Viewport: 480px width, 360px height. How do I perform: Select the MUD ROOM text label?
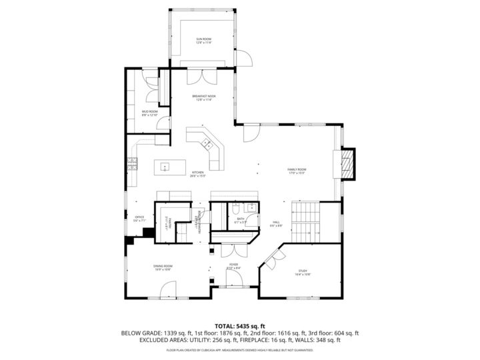150,113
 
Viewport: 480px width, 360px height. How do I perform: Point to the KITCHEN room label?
198,174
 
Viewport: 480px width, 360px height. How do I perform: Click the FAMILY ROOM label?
297,171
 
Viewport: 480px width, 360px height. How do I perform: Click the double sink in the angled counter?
207,143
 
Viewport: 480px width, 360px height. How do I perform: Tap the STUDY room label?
303,272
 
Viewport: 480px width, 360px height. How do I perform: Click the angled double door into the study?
270,259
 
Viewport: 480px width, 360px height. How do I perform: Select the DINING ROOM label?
163,267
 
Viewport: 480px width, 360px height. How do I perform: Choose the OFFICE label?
139,219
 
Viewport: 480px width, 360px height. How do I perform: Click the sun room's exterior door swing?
247,59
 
